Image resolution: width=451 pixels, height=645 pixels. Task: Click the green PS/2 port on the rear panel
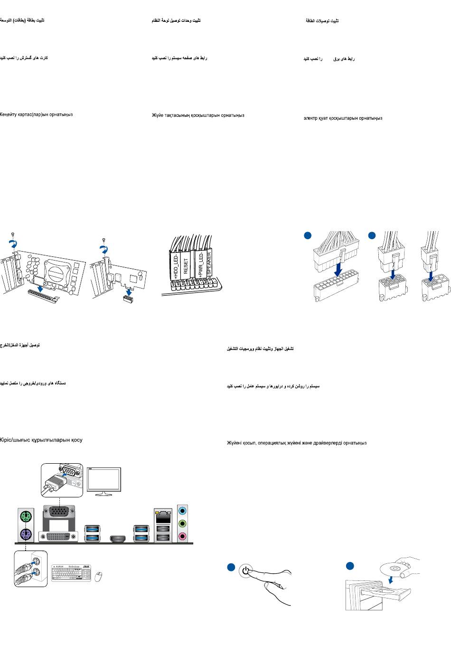coord(25,516)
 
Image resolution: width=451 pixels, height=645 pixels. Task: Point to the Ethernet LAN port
coord(162,514)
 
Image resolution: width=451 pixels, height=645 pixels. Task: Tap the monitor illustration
coord(104,480)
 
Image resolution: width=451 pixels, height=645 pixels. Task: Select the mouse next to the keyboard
coord(99,577)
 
